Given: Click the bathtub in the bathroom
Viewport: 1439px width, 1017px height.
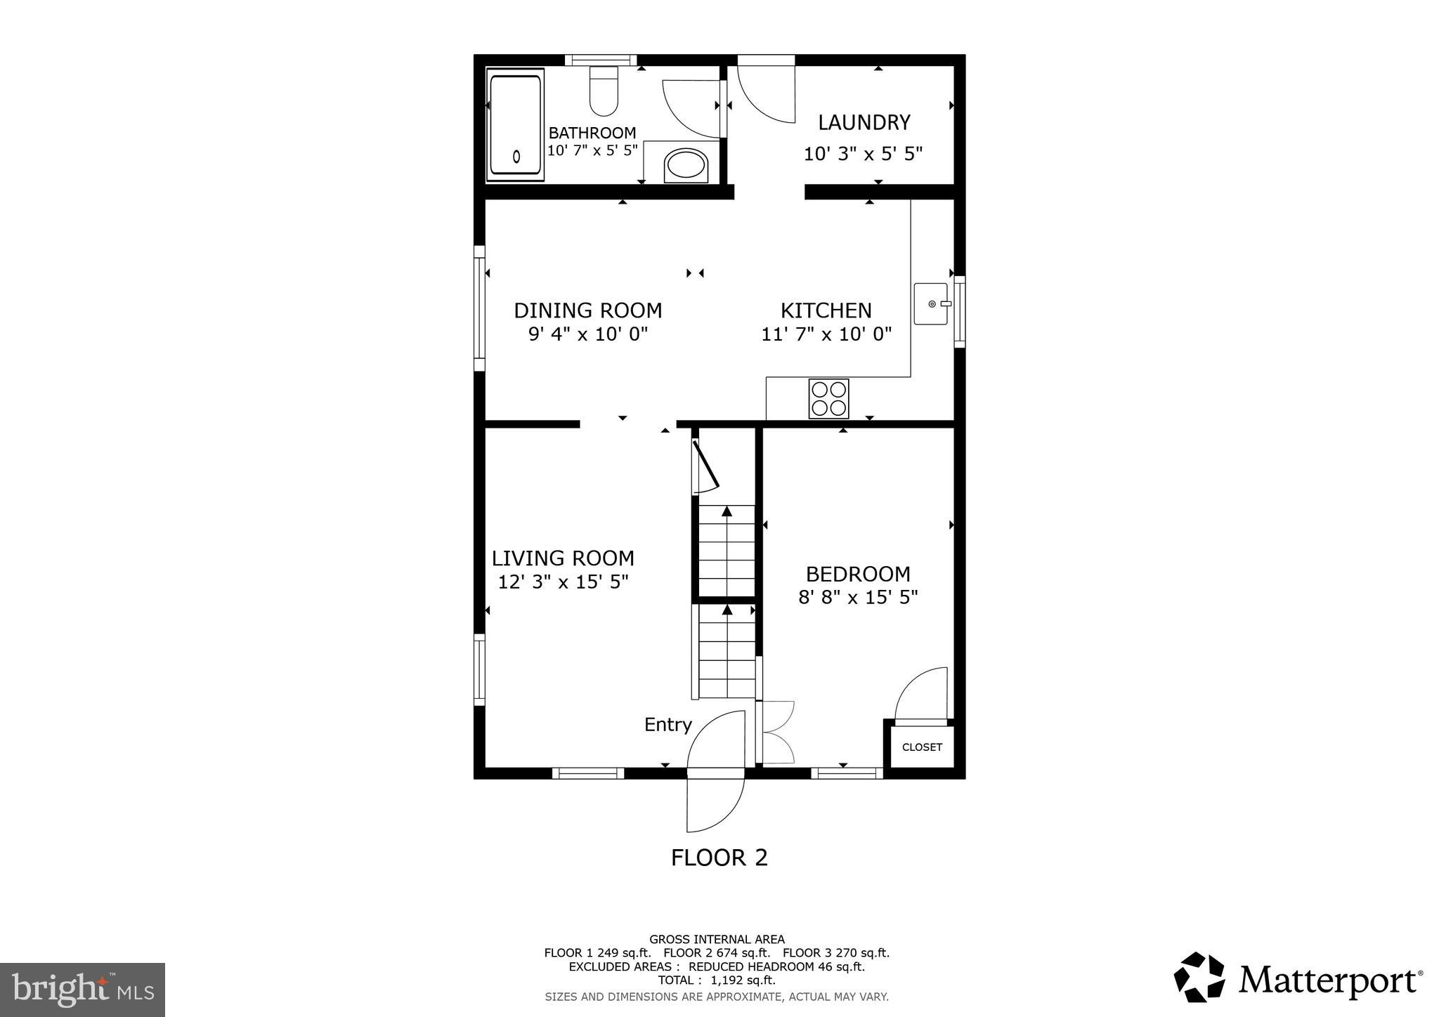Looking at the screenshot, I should pos(515,125).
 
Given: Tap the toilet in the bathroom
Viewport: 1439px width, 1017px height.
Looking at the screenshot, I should pos(604,91).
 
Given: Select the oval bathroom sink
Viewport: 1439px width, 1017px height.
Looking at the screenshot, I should pos(685,166).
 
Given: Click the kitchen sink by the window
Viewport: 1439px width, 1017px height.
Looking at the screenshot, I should pos(931,303).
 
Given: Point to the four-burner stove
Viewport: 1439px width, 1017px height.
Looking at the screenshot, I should pos(828,398).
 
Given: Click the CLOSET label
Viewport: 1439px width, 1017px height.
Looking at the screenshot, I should pos(922,747).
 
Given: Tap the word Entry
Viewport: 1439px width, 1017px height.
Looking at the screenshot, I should pos(668,724).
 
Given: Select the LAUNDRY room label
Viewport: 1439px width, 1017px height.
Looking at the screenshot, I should pos(864,123).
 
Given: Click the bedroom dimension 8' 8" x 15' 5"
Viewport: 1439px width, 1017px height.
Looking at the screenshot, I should pos(858,598).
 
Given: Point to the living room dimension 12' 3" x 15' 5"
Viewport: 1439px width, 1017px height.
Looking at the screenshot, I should pos(563,582).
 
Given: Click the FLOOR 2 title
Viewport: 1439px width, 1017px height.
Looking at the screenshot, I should pos(719,858).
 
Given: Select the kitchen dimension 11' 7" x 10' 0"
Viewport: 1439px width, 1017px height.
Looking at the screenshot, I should pos(826,334).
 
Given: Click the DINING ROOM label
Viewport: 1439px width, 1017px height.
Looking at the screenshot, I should pos(587,310).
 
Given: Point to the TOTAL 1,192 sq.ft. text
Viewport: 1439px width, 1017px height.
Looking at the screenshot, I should pos(717,980).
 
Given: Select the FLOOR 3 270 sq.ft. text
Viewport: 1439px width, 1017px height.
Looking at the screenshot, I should pos(835,953).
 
